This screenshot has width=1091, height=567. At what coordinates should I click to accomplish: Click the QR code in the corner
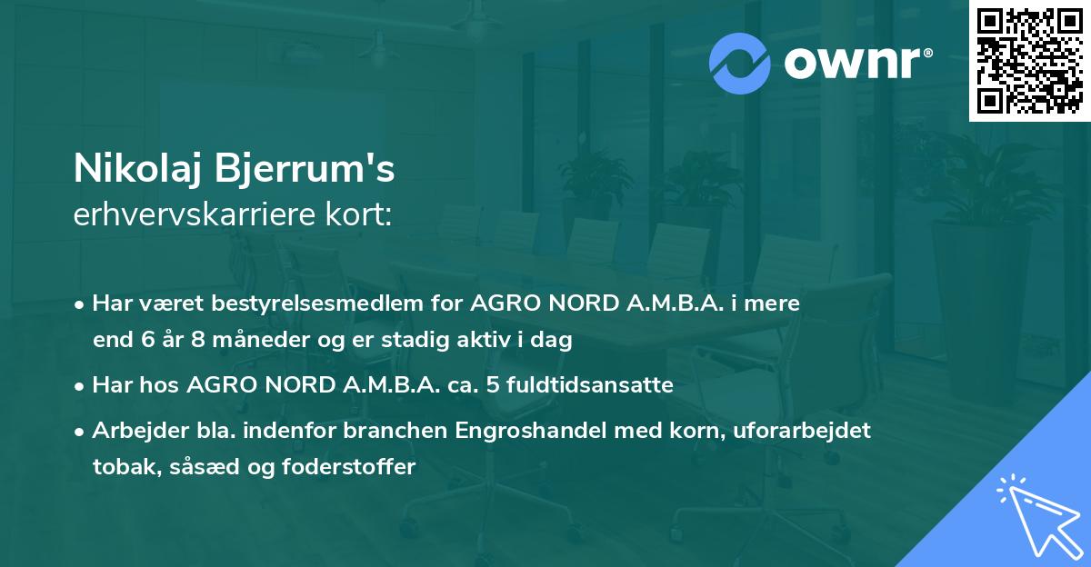pyautogui.click(x=1029, y=60)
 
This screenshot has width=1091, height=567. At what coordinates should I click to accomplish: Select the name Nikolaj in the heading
pyautogui.click(x=137, y=168)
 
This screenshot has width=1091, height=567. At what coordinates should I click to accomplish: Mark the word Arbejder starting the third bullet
pyautogui.click(x=132, y=431)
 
